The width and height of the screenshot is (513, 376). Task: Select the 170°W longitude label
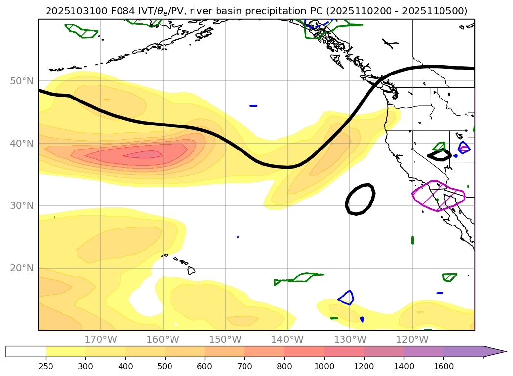pyautogui.click(x=100, y=339)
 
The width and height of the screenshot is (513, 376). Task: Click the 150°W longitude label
pyautogui.click(x=225, y=339)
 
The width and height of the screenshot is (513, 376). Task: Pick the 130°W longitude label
pyautogui.click(x=350, y=339)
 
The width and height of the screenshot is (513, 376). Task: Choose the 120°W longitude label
pyautogui.click(x=412, y=339)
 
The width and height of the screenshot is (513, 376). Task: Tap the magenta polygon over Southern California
pyautogui.click(x=438, y=196)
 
